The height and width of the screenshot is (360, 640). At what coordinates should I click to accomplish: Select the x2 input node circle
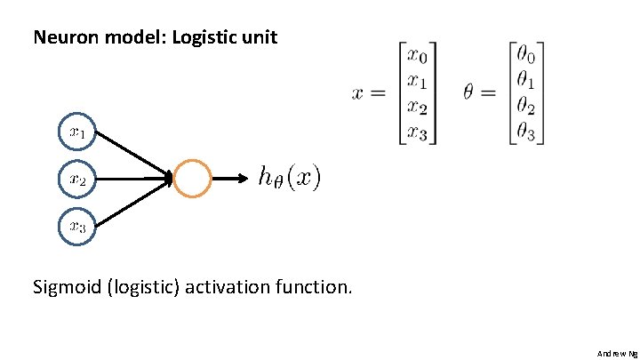[x=77, y=179]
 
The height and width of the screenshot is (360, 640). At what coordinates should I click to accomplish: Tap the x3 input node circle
[x=77, y=226]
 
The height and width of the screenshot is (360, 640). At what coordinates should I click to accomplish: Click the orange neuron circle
[x=193, y=179]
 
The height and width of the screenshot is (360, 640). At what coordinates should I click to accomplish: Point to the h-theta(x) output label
[x=290, y=178]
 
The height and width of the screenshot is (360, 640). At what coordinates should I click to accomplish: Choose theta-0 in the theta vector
[x=528, y=56]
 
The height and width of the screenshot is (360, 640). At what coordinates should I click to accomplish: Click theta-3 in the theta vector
[x=528, y=134]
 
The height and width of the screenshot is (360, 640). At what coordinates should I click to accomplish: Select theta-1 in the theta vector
[x=528, y=82]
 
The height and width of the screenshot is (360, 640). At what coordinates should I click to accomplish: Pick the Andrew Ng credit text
[x=617, y=353]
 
